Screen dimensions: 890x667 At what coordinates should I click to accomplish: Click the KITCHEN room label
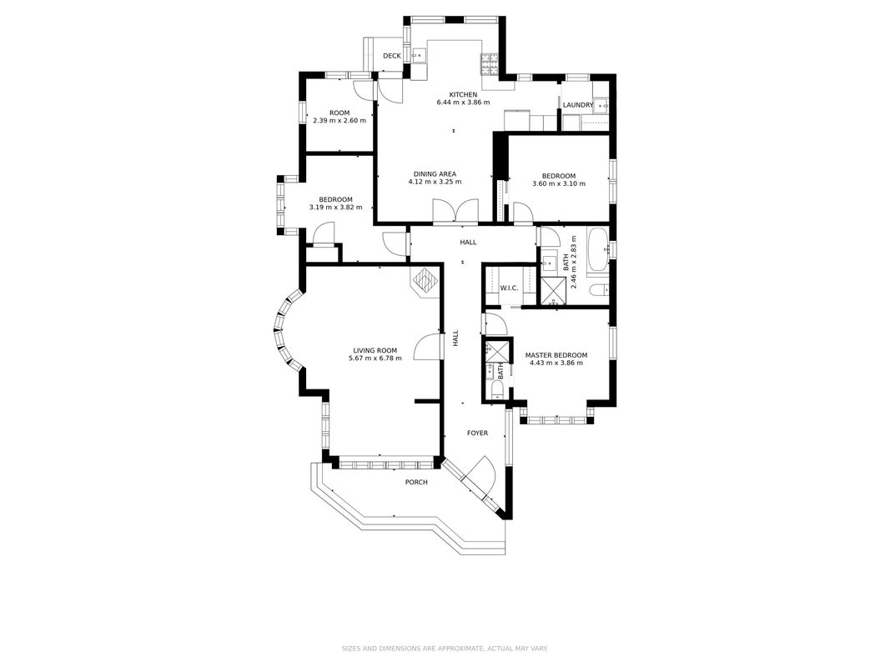point(463,95)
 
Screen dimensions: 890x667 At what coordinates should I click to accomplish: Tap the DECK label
point(392,56)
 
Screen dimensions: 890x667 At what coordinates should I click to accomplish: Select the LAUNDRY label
point(578,105)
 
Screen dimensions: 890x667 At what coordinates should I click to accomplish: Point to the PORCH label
point(416,482)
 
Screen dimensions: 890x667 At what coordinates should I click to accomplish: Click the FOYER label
point(477,433)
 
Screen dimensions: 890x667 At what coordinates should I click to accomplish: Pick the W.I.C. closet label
point(509,288)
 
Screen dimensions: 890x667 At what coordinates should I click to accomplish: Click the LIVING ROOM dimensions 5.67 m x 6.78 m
point(375,359)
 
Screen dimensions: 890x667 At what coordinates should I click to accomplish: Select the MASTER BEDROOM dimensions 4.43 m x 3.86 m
point(556,363)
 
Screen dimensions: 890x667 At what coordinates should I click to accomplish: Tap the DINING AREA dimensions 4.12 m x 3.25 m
point(435,182)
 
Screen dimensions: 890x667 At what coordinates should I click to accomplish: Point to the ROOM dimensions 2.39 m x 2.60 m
point(339,121)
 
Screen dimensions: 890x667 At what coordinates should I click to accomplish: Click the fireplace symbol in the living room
point(425,281)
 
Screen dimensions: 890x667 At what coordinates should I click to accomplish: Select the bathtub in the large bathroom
point(598,249)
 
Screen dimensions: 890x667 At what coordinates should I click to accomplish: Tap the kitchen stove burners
point(490,64)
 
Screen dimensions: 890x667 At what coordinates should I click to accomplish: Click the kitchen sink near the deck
point(419,56)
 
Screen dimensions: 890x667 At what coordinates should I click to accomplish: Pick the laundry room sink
point(601,105)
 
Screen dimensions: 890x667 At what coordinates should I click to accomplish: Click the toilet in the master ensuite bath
point(496,389)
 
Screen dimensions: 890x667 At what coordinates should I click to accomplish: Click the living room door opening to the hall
point(427,347)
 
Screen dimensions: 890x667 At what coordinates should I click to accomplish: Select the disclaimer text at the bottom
point(445,649)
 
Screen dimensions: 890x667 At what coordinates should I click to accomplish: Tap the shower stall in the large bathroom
point(553,291)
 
